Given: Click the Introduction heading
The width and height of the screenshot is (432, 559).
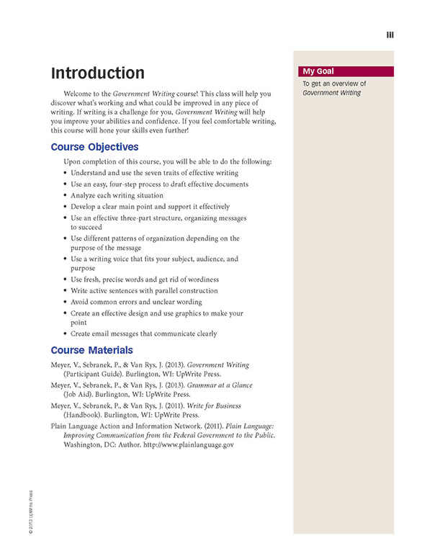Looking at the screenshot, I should pos(97,73).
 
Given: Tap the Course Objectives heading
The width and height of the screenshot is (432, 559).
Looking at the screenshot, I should pos(94,147).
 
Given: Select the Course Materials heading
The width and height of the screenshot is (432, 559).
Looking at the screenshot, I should pos(91,350).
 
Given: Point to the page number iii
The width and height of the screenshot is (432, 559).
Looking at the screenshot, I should pos(390,35).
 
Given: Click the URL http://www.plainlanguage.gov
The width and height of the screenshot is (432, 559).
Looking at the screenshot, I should pos(193,445).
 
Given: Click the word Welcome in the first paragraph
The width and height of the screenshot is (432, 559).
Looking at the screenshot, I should pos(79,94).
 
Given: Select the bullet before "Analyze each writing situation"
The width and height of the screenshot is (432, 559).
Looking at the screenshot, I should pos(66,196).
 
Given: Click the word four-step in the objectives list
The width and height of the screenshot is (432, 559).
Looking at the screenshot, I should pos(130,184).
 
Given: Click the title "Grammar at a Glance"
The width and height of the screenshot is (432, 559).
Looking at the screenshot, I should pos(222,385).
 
